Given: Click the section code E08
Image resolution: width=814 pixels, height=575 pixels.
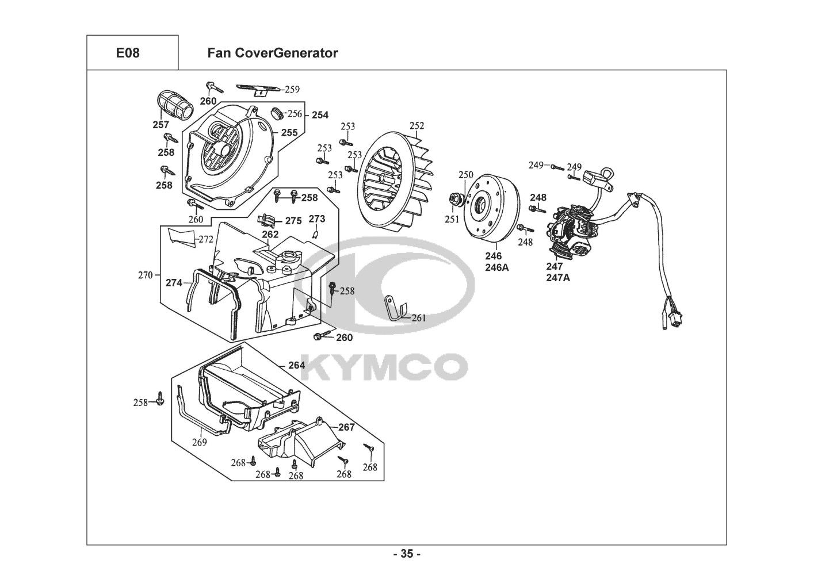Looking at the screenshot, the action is pyautogui.click(x=128, y=53).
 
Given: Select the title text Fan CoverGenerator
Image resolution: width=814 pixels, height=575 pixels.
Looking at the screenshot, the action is pyautogui.click(x=273, y=53).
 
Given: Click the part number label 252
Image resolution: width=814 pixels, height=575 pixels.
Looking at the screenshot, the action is pyautogui.click(x=417, y=126).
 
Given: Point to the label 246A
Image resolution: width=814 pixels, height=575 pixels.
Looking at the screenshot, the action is pyautogui.click(x=497, y=268).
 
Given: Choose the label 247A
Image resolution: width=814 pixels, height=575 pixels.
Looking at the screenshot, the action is pyautogui.click(x=558, y=278).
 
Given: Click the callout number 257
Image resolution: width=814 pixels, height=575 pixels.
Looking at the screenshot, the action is pyautogui.click(x=160, y=125).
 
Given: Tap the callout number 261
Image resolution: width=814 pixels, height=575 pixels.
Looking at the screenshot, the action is pyautogui.click(x=419, y=318).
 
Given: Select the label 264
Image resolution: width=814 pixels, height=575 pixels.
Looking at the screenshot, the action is pyautogui.click(x=296, y=366).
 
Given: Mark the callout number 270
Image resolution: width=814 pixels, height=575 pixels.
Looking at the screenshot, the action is pyautogui.click(x=146, y=275).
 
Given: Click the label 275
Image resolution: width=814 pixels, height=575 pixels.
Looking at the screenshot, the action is pyautogui.click(x=293, y=221).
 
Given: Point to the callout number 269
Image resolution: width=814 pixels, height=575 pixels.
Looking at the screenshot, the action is pyautogui.click(x=200, y=442).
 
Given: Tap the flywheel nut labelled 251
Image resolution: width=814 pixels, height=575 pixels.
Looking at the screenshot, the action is pyautogui.click(x=454, y=199).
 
